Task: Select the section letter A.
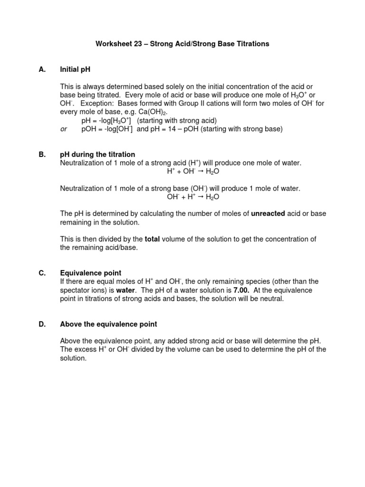[x=42, y=69]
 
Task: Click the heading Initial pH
[x=75, y=69]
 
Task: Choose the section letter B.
[x=42, y=155]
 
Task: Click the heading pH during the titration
[x=97, y=155]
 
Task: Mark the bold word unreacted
[x=268, y=214]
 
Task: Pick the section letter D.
[x=42, y=324]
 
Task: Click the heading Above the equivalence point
[x=108, y=324]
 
